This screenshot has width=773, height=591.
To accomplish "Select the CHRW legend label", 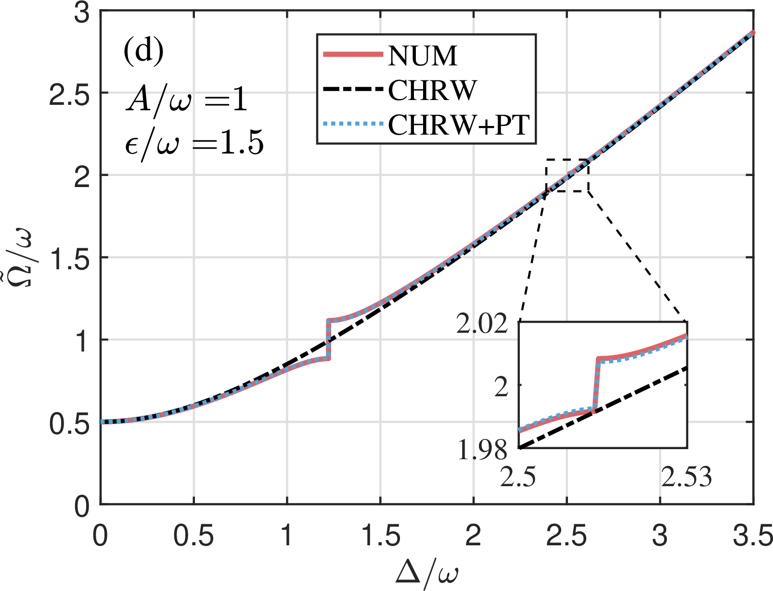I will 432,90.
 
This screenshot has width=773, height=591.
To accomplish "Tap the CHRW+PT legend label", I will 459,125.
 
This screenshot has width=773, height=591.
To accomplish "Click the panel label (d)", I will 143,52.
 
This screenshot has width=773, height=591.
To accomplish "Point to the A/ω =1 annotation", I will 187,101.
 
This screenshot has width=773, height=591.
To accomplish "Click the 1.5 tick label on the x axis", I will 380,535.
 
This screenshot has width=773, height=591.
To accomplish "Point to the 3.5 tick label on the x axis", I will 752,535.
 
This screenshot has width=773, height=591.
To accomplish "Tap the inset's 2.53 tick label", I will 686,478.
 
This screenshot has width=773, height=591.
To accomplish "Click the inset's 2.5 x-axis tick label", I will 518,478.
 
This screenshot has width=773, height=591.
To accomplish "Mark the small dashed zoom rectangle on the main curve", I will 567,175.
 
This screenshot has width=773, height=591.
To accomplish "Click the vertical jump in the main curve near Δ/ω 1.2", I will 328,339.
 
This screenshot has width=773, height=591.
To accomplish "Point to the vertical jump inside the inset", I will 596,385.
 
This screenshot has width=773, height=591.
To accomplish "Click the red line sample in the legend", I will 352,54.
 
